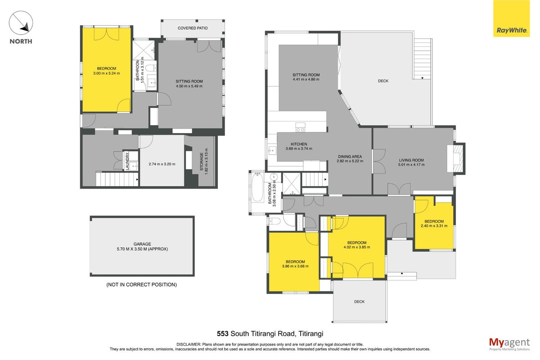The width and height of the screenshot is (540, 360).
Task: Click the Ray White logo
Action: click(511, 18)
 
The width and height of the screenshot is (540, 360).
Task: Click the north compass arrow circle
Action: click(21, 22)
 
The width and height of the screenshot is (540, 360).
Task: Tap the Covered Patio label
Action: click(193, 28)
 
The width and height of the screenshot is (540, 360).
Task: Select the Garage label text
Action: click(142, 244)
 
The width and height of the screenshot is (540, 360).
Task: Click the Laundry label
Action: click(127, 161)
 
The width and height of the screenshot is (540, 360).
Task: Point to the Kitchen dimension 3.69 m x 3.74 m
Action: click(299, 148)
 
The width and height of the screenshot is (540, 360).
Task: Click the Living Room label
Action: click(411, 160)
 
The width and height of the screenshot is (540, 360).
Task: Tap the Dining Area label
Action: click(350, 157)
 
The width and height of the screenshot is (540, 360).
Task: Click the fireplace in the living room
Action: click(456, 159)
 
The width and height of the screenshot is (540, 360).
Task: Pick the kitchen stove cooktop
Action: click(301, 127)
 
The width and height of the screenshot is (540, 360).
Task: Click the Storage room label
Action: click(202, 162)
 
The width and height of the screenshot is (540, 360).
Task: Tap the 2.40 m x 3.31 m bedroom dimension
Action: click(434, 226)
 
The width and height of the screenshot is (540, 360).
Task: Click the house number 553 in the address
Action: click(222, 333)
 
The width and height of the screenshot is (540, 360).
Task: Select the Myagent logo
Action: click(509, 344)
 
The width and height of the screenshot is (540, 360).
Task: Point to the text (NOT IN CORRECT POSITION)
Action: click(141, 284)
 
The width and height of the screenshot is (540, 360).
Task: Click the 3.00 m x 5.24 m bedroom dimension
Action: click(107, 73)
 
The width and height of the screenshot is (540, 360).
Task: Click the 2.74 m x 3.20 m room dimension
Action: click(162, 164)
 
